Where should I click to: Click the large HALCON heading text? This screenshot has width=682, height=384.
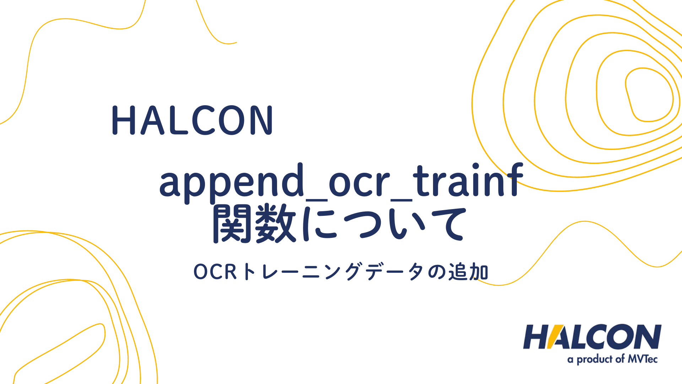pyautogui.click(x=192, y=120)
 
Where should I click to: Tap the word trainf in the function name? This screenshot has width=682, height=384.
pyautogui.click(x=468, y=180)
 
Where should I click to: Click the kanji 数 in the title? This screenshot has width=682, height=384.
pyautogui.click(x=276, y=224)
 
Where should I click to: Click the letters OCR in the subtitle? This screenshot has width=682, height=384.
pyautogui.click(x=215, y=272)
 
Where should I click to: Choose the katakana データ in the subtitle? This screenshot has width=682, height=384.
pyautogui.click(x=395, y=272)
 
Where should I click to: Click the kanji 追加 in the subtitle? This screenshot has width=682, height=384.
pyautogui.click(x=468, y=272)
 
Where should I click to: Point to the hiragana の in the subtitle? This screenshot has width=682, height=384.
pyautogui.click(x=436, y=272)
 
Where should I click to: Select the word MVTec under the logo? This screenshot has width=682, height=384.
pyautogui.click(x=643, y=359)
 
